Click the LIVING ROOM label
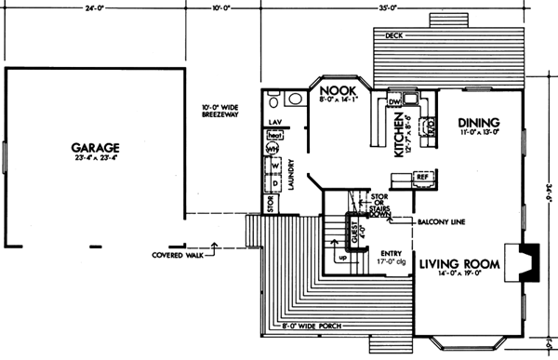pos(459,263)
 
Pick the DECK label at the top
pos(391,36)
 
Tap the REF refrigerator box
pos(420,175)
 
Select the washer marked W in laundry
pos(274,166)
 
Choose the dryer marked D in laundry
pos(274,181)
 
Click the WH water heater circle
pos(273,149)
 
